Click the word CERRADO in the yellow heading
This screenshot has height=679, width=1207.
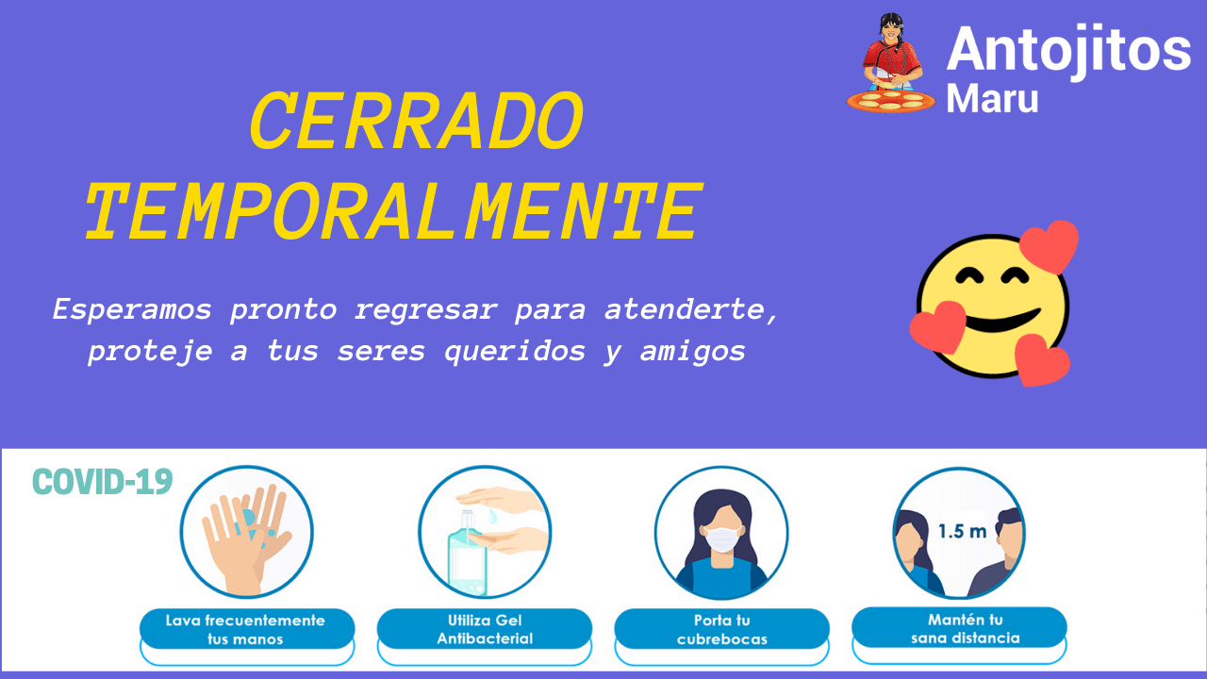point(417,120)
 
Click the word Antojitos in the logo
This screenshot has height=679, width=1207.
point(1068,51)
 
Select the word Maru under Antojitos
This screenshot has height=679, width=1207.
point(992,99)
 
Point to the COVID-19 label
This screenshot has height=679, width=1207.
point(103,481)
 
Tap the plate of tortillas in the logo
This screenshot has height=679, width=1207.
point(891,101)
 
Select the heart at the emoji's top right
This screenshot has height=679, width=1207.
point(1050,246)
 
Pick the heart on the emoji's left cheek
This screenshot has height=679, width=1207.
point(937,326)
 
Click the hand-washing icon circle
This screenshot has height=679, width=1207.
point(246,533)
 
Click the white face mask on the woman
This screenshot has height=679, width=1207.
point(722,538)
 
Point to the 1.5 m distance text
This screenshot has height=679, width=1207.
point(962,531)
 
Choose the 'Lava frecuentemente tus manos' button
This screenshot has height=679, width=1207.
point(247,629)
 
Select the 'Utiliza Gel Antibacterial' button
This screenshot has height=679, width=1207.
point(485,629)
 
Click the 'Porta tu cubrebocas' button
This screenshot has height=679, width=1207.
point(722,629)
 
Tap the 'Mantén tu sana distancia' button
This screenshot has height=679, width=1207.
point(959,628)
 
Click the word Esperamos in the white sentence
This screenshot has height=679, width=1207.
point(132,310)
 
